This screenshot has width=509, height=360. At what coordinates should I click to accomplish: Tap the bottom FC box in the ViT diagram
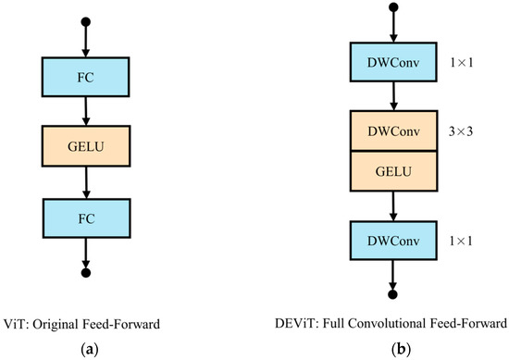point(85,217)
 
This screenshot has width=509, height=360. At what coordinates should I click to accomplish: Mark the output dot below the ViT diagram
point(85,274)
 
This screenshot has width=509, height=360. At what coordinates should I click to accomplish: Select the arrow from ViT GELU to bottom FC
point(85,182)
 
